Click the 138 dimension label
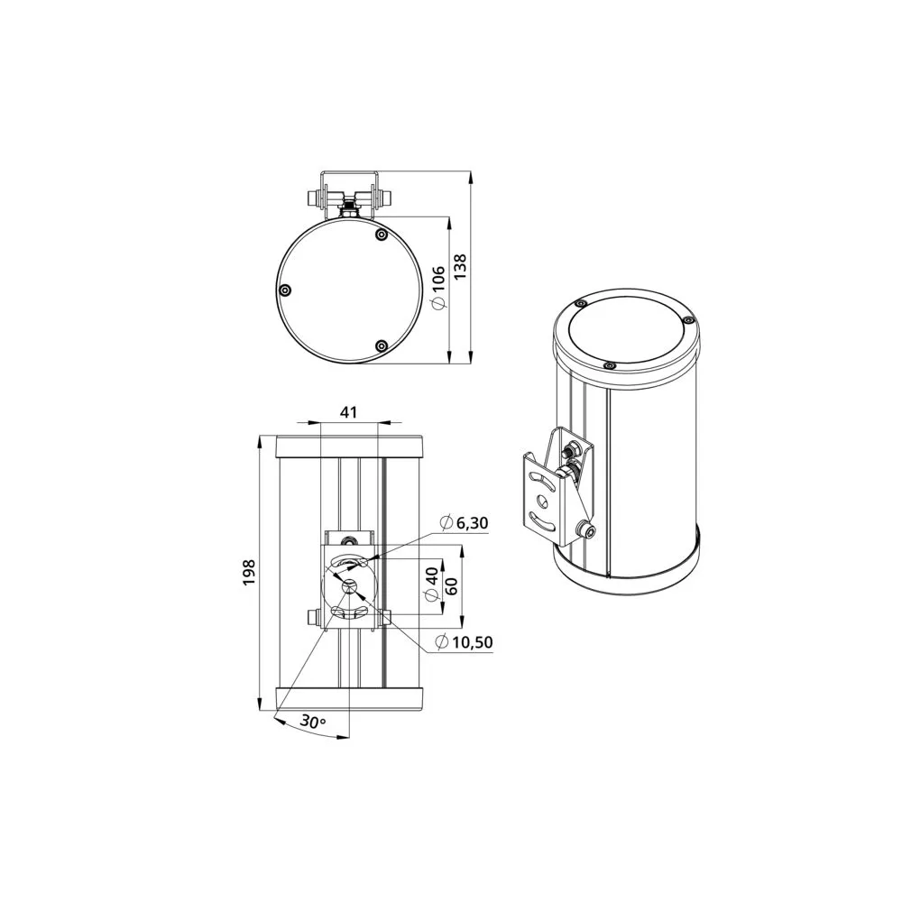[461, 268]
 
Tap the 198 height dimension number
[249, 572]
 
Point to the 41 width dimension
[348, 412]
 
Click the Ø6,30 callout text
[464, 523]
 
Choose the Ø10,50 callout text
[465, 641]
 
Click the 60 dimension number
[452, 586]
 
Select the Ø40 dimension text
[432, 584]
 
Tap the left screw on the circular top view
[284, 290]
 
